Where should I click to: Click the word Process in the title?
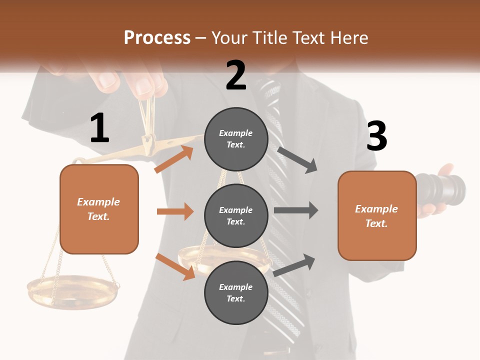pyautogui.click(x=157, y=38)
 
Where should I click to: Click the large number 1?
pyautogui.click(x=99, y=128)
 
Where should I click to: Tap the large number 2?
pyautogui.click(x=236, y=75)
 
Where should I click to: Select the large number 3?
pyautogui.click(x=376, y=136)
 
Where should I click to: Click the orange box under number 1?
pyautogui.click(x=99, y=209)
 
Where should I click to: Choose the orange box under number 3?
pyautogui.click(x=377, y=215)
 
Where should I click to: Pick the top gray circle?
pyautogui.click(x=236, y=139)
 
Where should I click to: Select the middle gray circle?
pyautogui.click(x=236, y=215)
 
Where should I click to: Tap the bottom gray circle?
pyautogui.click(x=236, y=292)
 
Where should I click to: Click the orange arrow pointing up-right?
pyautogui.click(x=174, y=159)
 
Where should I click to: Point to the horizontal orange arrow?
pyautogui.click(x=175, y=211)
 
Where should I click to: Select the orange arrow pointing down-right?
pyautogui.click(x=175, y=266)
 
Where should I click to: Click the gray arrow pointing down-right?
pyautogui.click(x=297, y=159)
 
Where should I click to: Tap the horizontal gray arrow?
pyautogui.click(x=295, y=210)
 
